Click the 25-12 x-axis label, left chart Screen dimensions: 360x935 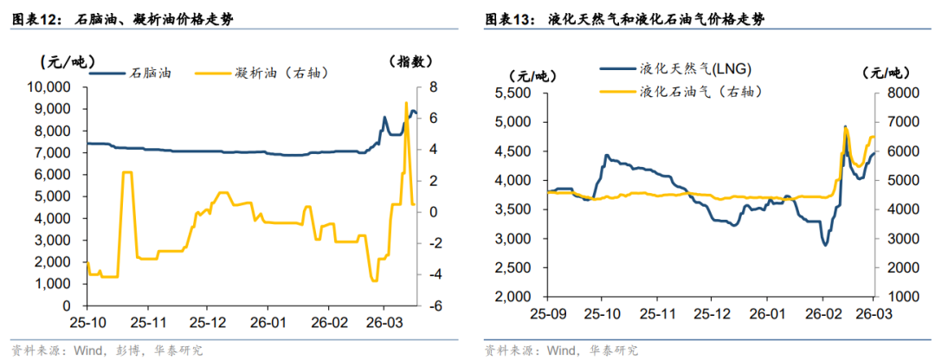coord(206,323)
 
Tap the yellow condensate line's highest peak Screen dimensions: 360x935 coord(406,103)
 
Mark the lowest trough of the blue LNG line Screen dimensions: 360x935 coord(825,245)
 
